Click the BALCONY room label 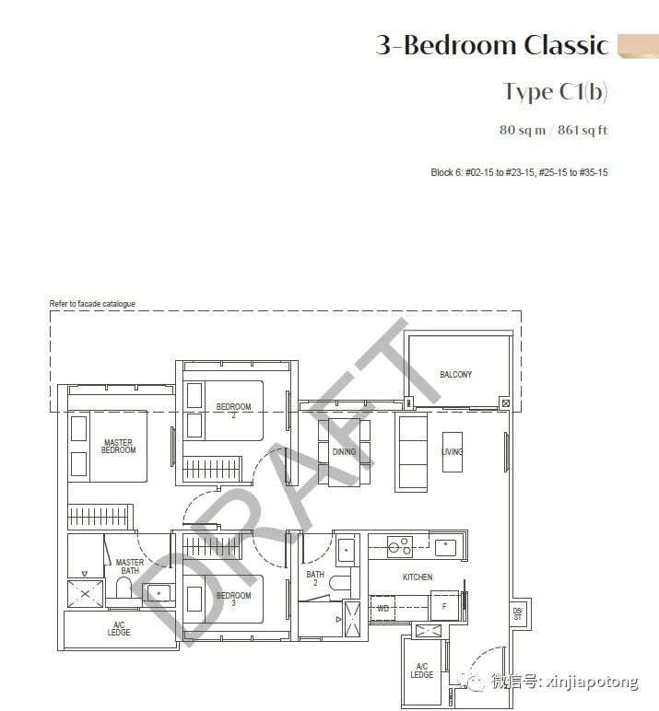(x=455, y=375)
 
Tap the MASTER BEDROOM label (x=119, y=446)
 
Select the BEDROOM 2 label (x=233, y=410)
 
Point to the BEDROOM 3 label (x=233, y=599)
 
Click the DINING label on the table (x=344, y=451)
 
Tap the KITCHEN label (x=418, y=577)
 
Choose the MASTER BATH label (x=130, y=566)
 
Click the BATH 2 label (x=315, y=578)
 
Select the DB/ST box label (x=518, y=613)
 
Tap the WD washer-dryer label (x=382, y=609)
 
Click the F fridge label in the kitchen (x=444, y=606)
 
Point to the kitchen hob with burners (x=400, y=546)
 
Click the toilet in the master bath (x=124, y=588)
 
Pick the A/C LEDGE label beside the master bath (x=119, y=628)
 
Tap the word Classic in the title (x=566, y=45)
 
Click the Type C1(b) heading (x=555, y=92)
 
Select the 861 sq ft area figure (x=583, y=130)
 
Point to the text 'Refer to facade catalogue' (x=92, y=304)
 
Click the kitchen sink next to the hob (x=445, y=547)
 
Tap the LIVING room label (x=452, y=451)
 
